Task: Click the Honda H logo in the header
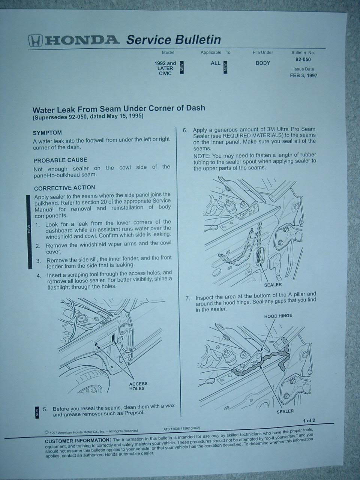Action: pos(36,41)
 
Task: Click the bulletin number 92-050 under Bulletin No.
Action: pos(303,59)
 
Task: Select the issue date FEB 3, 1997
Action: pos(304,75)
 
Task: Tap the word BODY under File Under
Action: pos(263,63)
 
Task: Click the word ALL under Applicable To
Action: pos(216,63)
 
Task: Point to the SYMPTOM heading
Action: pos(47,133)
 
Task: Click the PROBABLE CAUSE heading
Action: pos(60,160)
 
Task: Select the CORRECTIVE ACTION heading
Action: pos(64,188)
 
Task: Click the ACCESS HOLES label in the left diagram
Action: pos(138,386)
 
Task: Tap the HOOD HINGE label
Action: pos(278,316)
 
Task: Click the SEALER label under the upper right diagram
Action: pos(273,285)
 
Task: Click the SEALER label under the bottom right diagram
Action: pos(285,411)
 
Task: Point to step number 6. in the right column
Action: pos(185,130)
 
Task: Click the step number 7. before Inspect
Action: pos(188,298)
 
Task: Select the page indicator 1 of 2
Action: pos(309,420)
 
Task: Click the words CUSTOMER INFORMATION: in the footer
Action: pos(78,441)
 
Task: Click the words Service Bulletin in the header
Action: pos(174,40)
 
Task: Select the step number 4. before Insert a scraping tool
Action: pos(39,276)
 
